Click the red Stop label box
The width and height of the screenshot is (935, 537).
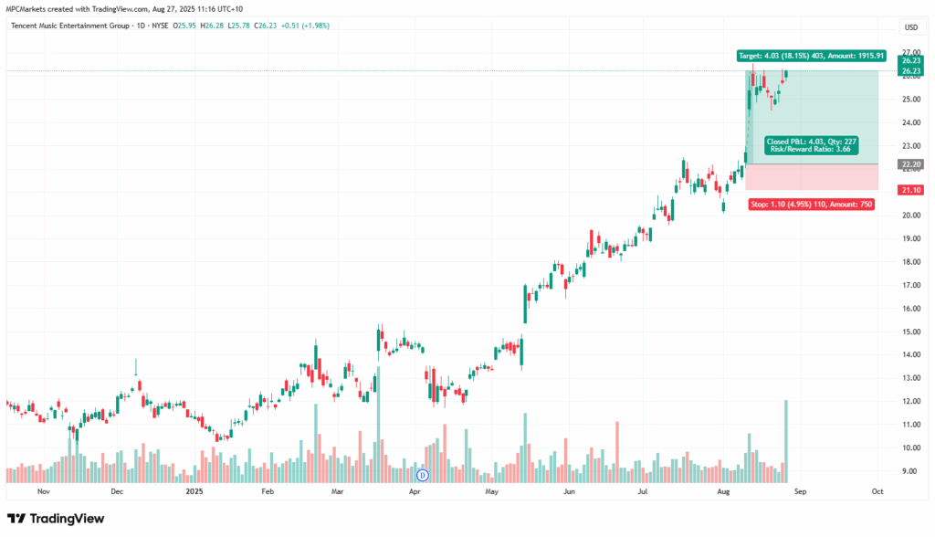(810, 205)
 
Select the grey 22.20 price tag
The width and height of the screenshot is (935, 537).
(909, 164)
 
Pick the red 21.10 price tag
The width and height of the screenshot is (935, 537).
(909, 190)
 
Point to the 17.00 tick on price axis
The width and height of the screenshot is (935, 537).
(909, 285)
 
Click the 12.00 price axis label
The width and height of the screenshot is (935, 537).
(909, 402)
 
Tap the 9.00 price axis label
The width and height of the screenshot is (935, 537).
(909, 471)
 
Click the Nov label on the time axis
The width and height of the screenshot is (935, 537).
(42, 491)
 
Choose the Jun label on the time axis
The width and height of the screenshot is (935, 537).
(569, 491)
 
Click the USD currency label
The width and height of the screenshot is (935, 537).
(910, 26)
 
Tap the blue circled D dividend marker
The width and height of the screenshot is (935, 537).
(422, 475)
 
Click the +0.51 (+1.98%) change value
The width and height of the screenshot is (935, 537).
(306, 26)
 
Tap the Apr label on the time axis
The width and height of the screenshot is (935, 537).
(415, 491)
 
